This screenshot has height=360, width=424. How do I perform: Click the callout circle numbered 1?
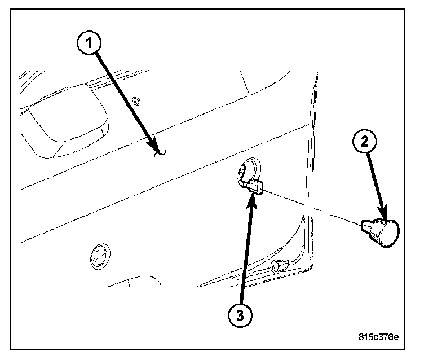[89, 43]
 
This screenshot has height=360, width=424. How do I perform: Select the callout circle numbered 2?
[364, 141]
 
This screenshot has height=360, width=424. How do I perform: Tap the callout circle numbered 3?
[240, 315]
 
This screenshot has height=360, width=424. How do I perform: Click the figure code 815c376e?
[378, 337]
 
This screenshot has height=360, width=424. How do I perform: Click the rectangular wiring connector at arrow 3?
[256, 187]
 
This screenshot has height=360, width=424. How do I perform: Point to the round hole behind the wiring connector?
[253, 168]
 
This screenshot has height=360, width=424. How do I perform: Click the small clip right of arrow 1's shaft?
[136, 101]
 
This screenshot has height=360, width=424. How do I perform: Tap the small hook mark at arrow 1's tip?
[161, 153]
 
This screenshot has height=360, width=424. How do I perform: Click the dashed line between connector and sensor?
[312, 208]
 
